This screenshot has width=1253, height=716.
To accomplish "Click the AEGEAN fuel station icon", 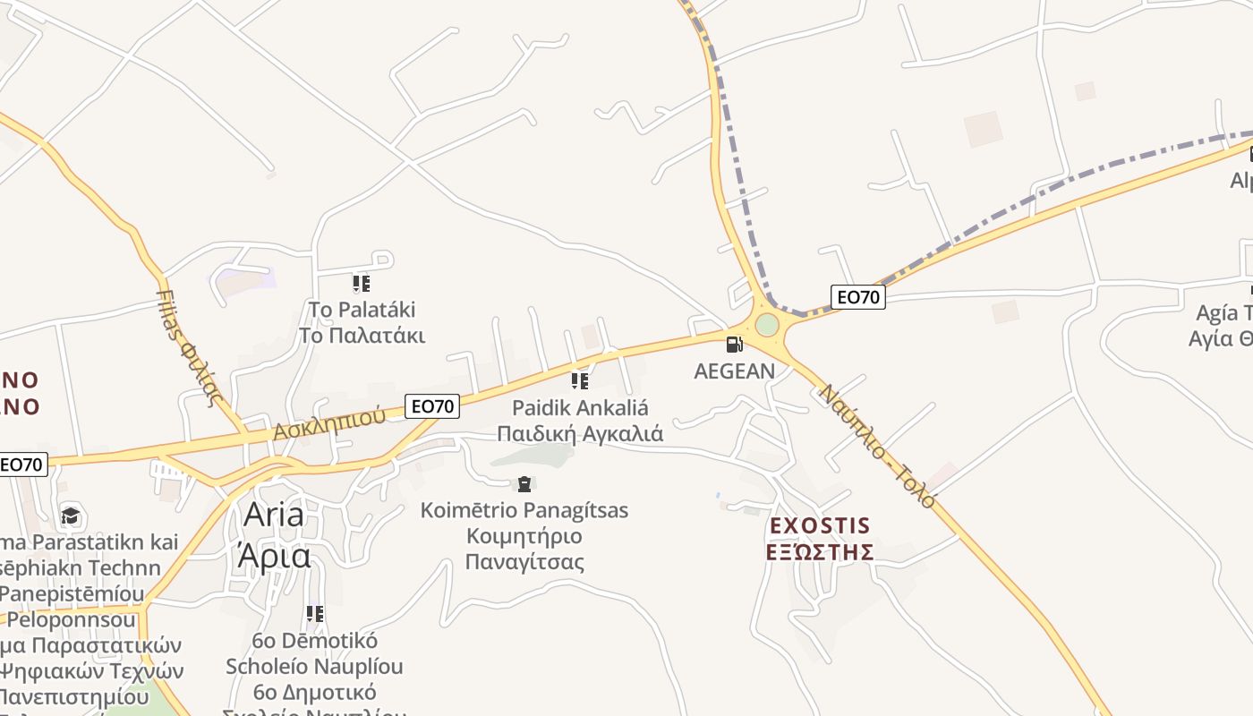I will [734, 344].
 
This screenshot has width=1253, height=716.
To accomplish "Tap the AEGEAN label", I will [735, 371].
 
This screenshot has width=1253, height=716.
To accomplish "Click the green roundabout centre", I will [767, 324].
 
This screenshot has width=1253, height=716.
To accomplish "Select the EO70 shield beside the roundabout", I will [857, 297].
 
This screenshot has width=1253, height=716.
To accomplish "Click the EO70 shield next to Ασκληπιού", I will [432, 406].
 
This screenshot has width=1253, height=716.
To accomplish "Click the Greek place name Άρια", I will [274, 556].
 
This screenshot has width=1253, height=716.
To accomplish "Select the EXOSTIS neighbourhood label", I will [820, 524].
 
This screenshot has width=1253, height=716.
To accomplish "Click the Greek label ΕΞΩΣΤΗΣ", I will [820, 551].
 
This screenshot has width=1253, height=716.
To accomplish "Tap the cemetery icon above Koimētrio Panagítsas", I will [524, 484].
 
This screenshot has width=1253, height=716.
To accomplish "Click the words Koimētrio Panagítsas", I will [524, 510].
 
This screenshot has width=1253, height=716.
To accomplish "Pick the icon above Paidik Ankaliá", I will [580, 381].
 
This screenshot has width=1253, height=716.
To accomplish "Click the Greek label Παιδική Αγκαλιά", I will [580, 434].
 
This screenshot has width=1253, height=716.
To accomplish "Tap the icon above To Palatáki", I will [361, 284].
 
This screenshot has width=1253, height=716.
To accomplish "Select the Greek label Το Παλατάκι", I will [361, 336].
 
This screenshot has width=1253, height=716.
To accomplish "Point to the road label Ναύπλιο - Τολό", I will [877, 446].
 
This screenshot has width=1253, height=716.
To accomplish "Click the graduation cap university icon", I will [70, 516].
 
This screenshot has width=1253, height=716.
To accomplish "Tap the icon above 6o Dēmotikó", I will [314, 614].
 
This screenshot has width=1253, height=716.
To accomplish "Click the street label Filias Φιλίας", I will [188, 347].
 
